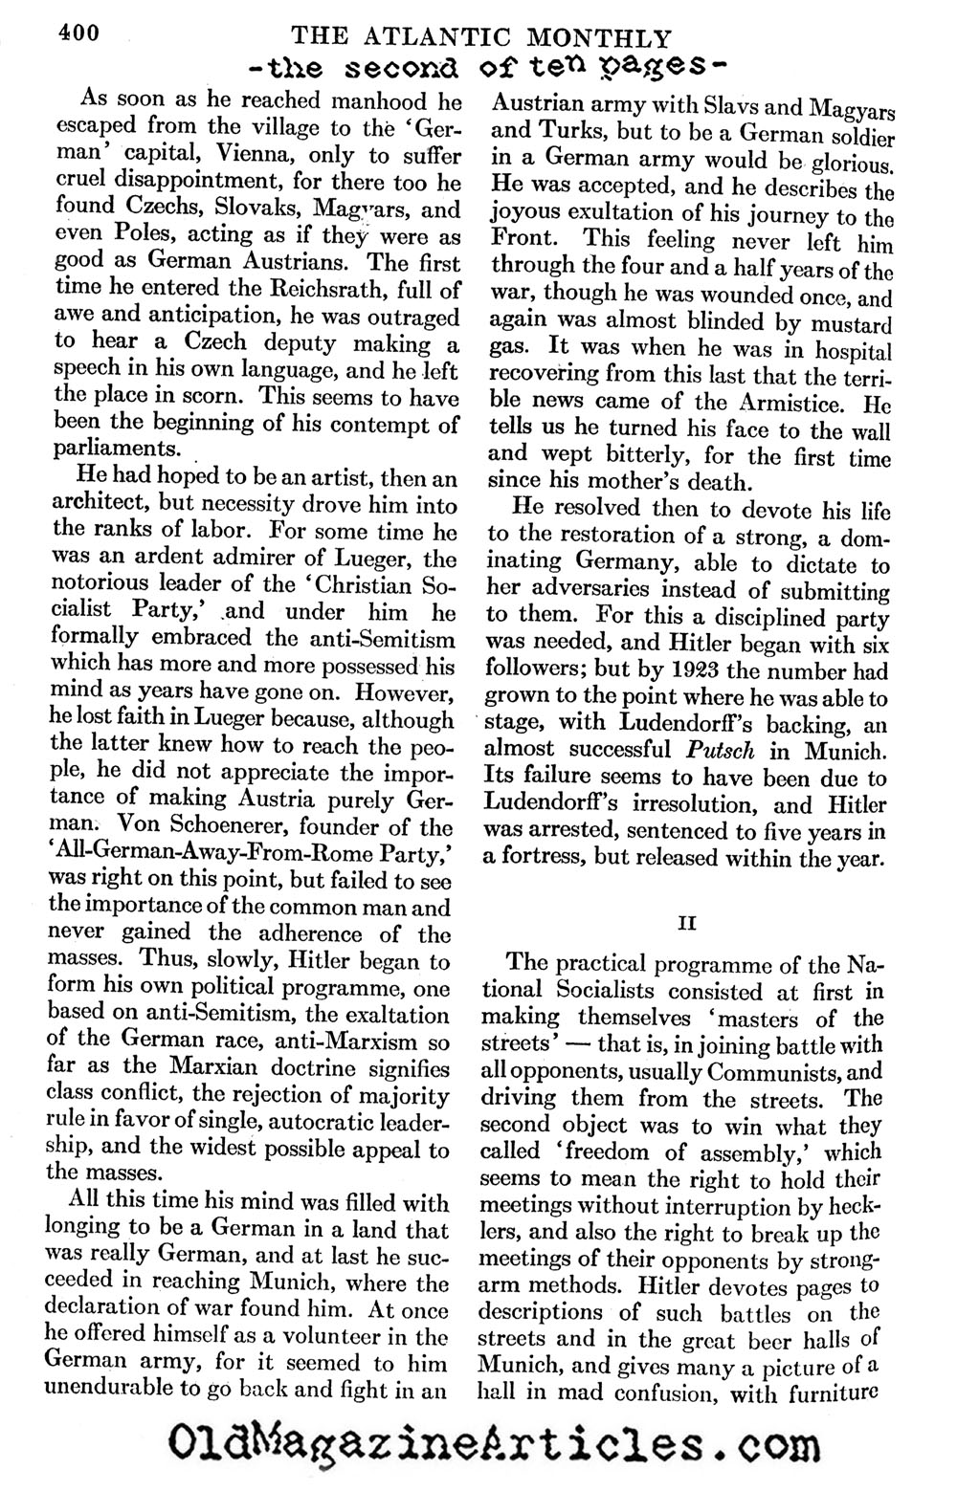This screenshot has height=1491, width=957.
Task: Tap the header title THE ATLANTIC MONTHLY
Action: pyautogui.click(x=480, y=37)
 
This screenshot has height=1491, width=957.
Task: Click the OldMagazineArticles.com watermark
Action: pyautogui.click(x=478, y=1440)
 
